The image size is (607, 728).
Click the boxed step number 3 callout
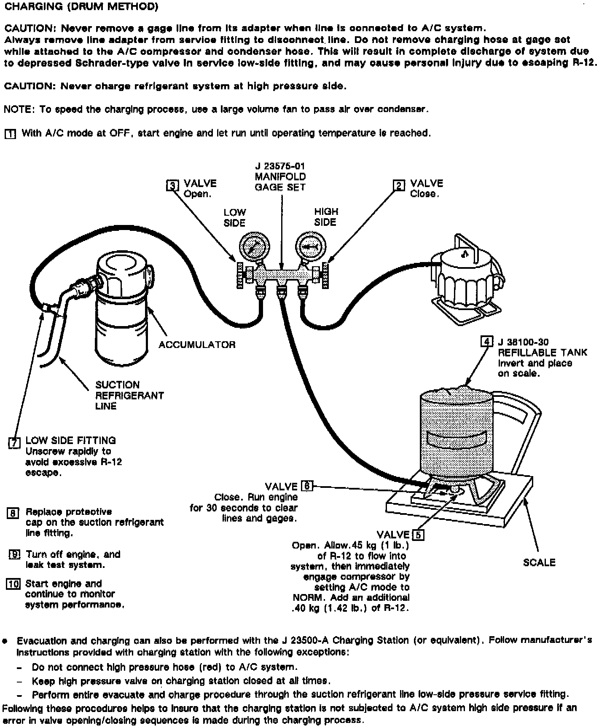[172, 185]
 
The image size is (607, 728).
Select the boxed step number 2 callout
[399, 185]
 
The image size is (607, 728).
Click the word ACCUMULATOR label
[197, 345]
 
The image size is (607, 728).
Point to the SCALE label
[539, 562]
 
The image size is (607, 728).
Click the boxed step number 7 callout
[14, 443]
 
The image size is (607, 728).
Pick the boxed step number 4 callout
[487, 341]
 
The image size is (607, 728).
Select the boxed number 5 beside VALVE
[418, 535]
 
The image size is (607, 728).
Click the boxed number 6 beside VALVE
[306, 486]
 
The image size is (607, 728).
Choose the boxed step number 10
[13, 584]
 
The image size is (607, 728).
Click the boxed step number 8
[13, 513]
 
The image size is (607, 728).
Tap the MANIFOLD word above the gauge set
[280, 177]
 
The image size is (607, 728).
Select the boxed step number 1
[10, 134]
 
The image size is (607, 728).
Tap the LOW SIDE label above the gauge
[234, 217]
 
